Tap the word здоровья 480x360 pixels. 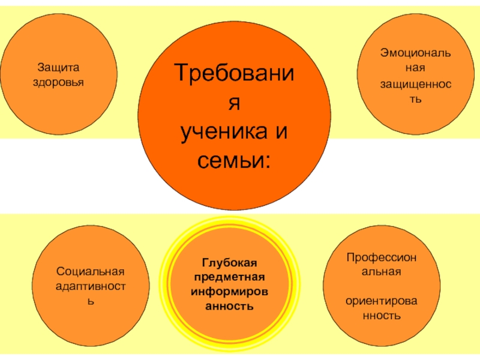[59, 81]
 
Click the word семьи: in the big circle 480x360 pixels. [235, 161]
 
